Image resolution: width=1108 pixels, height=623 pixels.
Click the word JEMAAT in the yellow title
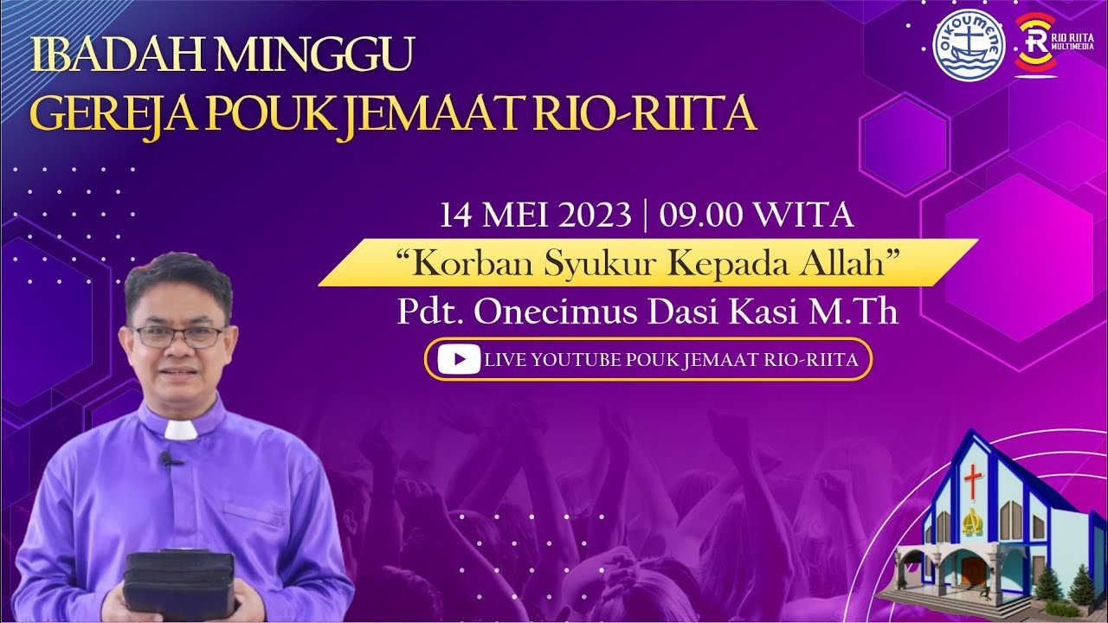click(449, 115)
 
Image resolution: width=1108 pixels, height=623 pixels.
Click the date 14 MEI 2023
click(535, 215)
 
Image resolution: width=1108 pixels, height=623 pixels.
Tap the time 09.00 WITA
click(757, 215)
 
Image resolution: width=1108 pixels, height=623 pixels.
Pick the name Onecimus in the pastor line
click(572, 312)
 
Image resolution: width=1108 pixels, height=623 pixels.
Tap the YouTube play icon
click(459, 359)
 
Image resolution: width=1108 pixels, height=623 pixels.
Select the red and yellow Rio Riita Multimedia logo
click(1034, 45)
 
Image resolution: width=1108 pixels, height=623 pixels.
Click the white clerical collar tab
click(182, 430)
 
